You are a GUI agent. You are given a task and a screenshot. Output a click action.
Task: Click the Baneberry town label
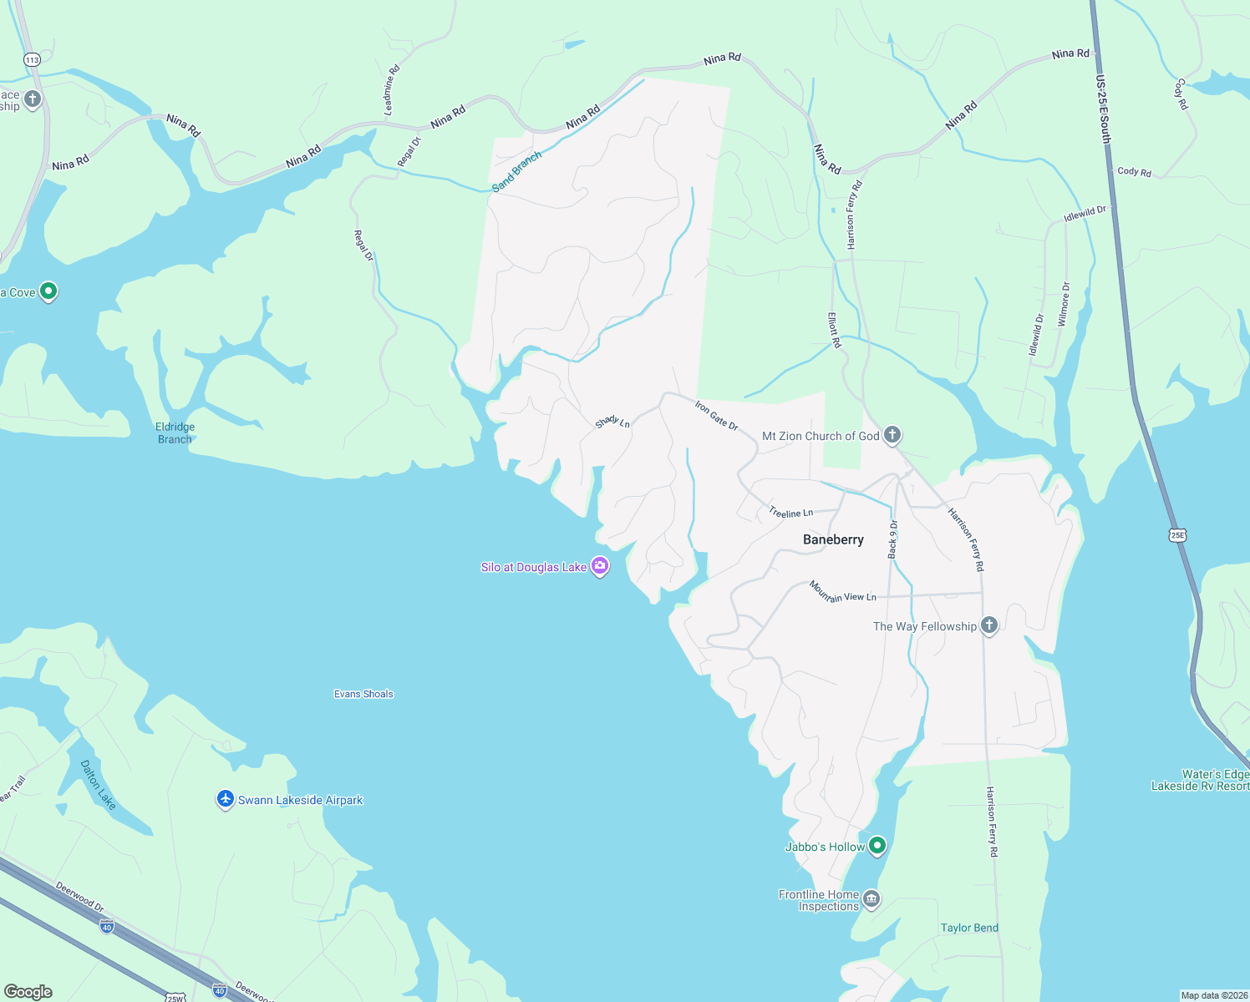[x=833, y=539]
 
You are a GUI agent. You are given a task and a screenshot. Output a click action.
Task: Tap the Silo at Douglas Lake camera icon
[x=599, y=567]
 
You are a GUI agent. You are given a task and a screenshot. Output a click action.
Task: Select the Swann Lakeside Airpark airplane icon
[x=225, y=799]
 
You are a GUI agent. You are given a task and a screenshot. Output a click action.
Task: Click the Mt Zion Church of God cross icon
[x=892, y=434]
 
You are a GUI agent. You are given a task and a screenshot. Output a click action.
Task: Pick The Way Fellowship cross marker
[x=989, y=625]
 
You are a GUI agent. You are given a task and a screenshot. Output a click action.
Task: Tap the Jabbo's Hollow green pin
[x=877, y=846]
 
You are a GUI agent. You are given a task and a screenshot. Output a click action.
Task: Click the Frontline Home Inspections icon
[x=871, y=899]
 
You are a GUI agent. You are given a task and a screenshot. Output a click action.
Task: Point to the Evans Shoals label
[x=363, y=694]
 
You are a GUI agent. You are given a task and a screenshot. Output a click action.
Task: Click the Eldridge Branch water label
[x=175, y=433]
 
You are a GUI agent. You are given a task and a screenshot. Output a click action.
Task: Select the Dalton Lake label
[x=98, y=785]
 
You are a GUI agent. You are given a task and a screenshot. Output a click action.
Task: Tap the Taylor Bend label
[x=969, y=928]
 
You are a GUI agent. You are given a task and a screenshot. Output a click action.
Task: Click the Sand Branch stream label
[x=516, y=172]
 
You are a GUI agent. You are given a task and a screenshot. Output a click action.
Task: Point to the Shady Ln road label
[x=612, y=423]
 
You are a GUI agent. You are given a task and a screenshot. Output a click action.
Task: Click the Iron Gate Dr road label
[x=717, y=415]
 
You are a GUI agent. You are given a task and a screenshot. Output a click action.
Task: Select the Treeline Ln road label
[x=790, y=513]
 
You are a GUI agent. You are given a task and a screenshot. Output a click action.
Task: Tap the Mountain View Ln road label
[x=842, y=592]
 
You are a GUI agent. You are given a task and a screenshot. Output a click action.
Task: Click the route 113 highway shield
[x=32, y=59]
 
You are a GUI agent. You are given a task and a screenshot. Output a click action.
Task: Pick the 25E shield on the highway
[x=1177, y=534]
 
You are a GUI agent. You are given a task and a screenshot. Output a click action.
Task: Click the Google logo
[x=28, y=992]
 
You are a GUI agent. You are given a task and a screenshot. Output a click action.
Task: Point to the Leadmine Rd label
[x=392, y=90]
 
